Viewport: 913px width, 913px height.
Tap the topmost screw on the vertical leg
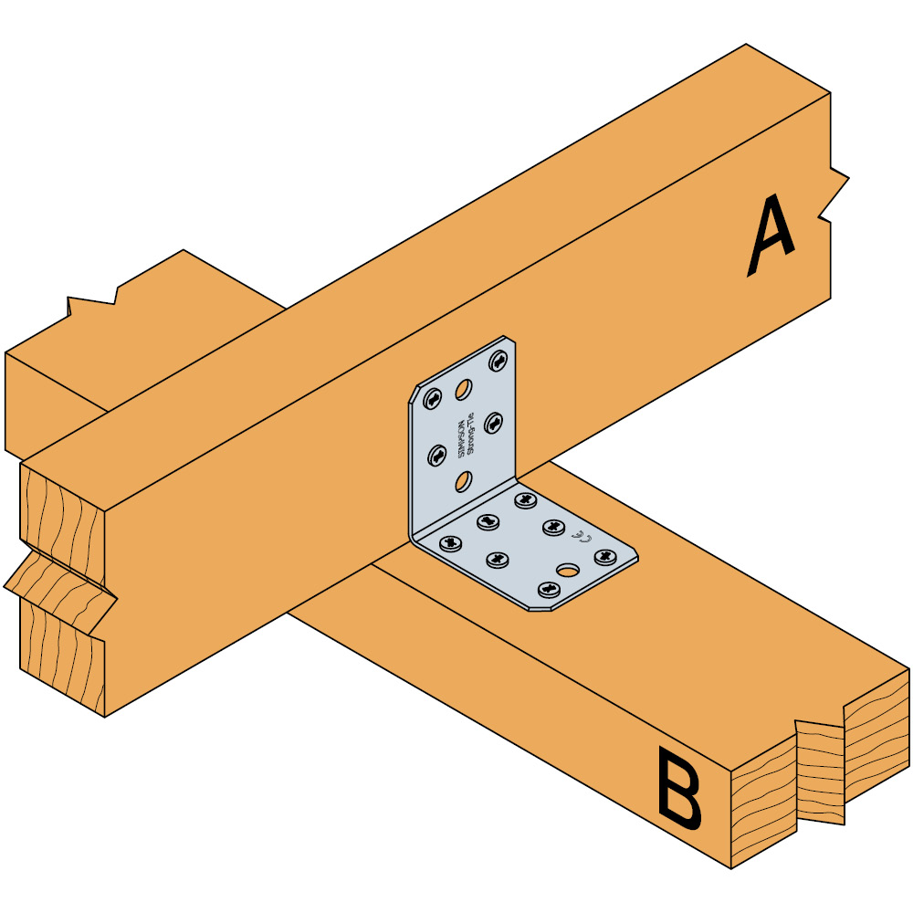click(499, 360)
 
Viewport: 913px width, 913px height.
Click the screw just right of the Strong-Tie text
click(494, 421)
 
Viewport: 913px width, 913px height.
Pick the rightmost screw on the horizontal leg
click(603, 555)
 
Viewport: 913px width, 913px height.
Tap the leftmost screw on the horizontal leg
click(449, 543)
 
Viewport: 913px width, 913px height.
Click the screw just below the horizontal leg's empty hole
click(548, 590)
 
